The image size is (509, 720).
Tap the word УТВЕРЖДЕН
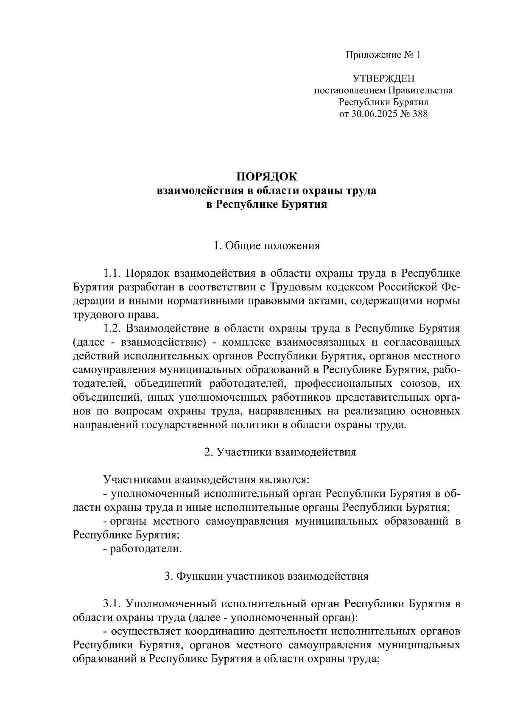[x=383, y=78]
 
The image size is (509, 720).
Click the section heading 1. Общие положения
[x=266, y=246]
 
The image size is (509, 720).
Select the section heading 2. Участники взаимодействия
[x=280, y=452]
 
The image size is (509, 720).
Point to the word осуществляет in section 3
[x=145, y=631]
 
